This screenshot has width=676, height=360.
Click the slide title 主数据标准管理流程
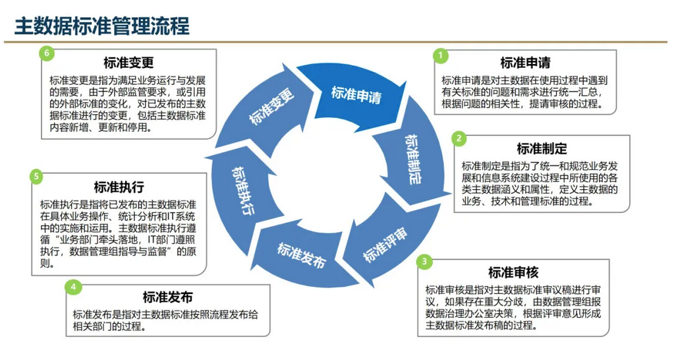coord(102,26)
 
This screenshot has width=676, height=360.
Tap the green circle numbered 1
coord(441,55)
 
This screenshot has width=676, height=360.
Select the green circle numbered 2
coord(460,138)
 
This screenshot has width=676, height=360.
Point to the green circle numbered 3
coord(426,262)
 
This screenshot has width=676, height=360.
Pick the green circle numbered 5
coord(37,176)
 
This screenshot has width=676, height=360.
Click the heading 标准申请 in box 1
coord(525,63)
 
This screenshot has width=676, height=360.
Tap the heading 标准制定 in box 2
coord(542,148)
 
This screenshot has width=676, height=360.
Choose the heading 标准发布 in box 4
coord(167,297)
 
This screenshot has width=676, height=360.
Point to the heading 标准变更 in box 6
coord(128,63)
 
